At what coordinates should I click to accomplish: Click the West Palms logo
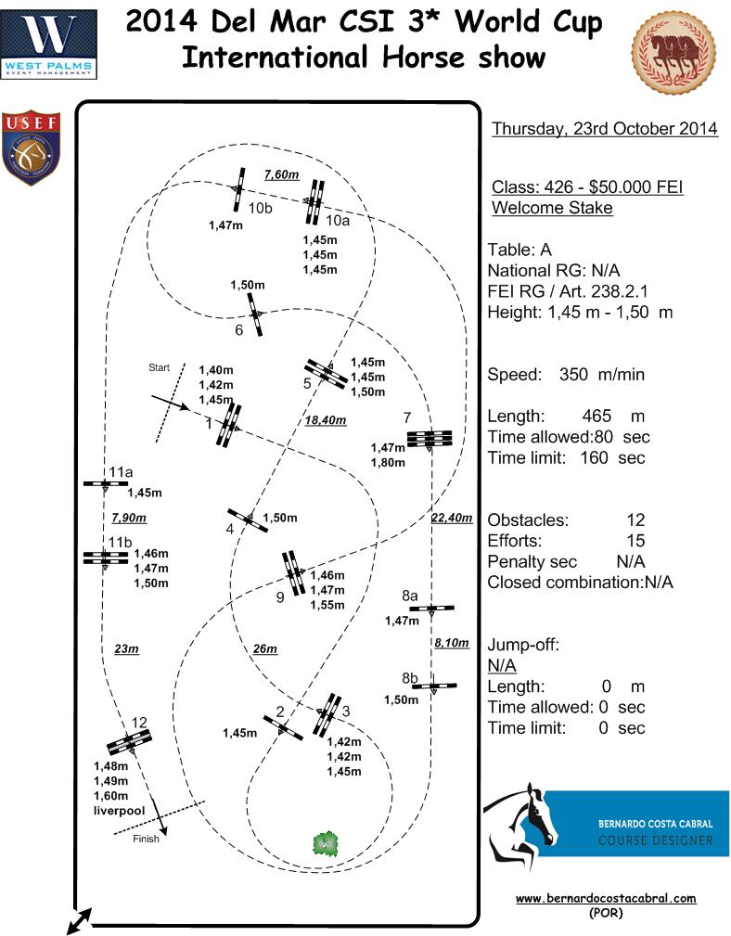coord(49,45)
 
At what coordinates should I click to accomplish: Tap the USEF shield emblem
coord(31,147)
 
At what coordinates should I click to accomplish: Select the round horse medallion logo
coord(673,53)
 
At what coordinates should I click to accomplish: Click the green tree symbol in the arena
coord(326,843)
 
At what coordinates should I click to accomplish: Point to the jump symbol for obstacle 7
coord(430,439)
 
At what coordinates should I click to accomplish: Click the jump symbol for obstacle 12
coord(130,743)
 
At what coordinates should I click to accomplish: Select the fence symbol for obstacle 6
coord(255,314)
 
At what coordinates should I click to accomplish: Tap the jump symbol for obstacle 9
coord(293,573)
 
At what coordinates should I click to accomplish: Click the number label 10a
coord(338,220)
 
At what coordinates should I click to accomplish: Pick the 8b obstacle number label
coord(410,678)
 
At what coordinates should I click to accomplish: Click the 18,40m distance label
coord(326,420)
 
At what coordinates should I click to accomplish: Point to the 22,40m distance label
coord(452,518)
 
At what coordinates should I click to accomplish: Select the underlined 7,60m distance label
coord(282,174)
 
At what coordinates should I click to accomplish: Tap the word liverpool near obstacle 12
coord(120,811)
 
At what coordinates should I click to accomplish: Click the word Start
coord(159,367)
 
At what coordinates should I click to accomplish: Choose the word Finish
coord(146,839)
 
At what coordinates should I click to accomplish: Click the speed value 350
coord(573,374)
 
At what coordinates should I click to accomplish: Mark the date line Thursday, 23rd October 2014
coord(605,128)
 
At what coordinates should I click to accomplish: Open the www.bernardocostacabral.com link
coord(606,898)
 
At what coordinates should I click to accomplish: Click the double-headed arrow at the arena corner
coord(80,921)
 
